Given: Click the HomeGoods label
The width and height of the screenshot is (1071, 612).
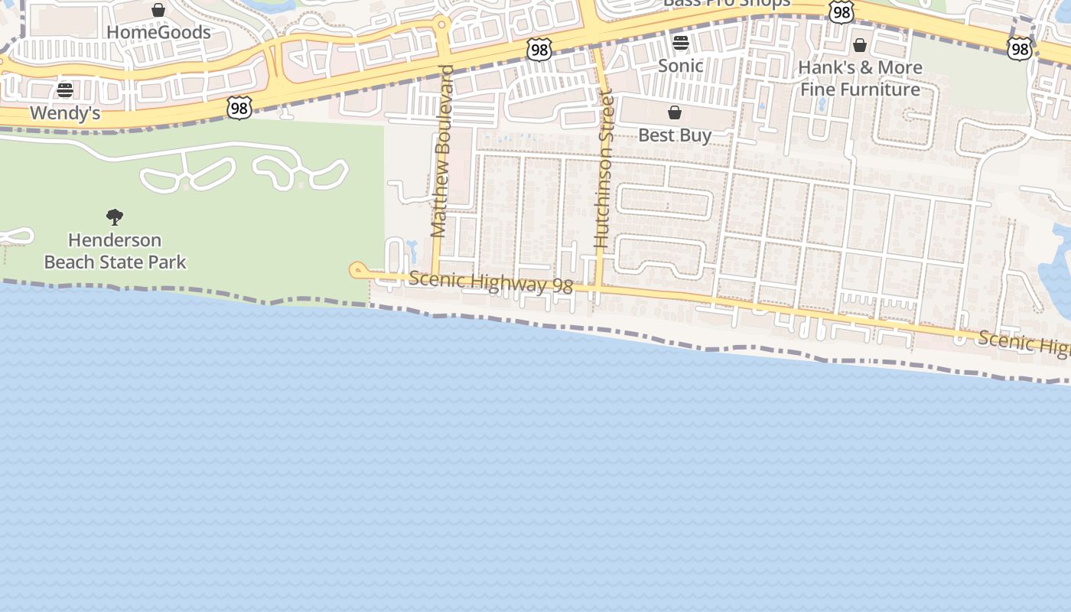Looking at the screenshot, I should (x=158, y=32).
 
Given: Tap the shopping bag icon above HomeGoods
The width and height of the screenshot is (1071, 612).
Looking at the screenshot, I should (x=158, y=10).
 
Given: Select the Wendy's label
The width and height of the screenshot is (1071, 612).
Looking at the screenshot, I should (x=65, y=113).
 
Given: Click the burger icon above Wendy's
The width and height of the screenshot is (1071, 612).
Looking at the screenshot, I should (x=65, y=91).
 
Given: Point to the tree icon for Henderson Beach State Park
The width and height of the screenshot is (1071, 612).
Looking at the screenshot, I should (x=115, y=217).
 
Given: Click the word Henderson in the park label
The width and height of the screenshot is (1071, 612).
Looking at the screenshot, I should (x=115, y=239).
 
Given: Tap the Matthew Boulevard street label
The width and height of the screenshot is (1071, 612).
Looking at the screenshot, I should (x=440, y=151).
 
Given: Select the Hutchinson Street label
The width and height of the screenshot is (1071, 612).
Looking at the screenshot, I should (x=604, y=168).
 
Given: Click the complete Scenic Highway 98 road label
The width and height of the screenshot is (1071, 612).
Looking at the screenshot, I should (x=490, y=282).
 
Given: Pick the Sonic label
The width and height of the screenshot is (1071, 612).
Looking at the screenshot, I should (x=681, y=66).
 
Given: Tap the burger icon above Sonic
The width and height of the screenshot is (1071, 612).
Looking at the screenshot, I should (x=681, y=43).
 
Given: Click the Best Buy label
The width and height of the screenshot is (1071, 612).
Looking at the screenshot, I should (x=675, y=135).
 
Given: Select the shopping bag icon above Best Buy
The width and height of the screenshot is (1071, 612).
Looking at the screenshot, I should (x=675, y=113).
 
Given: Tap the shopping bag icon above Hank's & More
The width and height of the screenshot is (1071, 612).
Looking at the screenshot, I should (x=860, y=45).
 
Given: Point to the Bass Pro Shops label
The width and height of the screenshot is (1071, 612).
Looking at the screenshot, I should (x=726, y=3).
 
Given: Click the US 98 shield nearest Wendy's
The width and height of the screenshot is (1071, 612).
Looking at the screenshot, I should (x=239, y=109).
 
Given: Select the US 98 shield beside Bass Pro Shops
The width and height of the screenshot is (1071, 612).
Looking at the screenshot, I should (x=841, y=12).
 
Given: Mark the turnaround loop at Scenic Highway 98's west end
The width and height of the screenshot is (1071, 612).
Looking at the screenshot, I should (x=357, y=270).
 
